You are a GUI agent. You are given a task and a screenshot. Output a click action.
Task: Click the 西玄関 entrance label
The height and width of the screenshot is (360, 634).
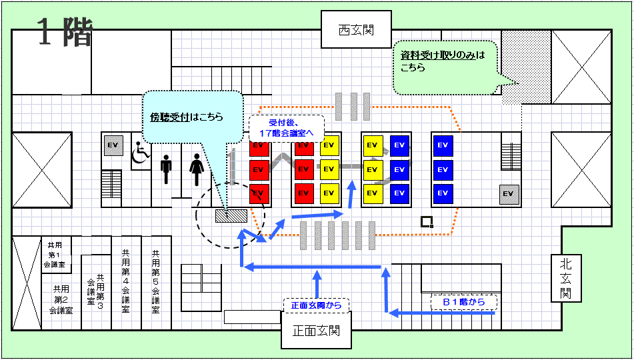(x=356, y=30)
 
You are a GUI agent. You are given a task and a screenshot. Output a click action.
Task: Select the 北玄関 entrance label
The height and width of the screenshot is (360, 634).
(x=566, y=278)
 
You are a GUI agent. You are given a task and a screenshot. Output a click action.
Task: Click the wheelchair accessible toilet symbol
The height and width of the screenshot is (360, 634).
(x=140, y=151)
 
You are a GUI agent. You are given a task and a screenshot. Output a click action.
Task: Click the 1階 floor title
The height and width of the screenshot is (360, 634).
(x=64, y=33)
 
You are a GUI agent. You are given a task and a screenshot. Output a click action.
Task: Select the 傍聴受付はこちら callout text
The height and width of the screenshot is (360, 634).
(x=186, y=117)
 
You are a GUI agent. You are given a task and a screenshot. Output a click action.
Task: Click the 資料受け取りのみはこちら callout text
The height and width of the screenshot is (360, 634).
(x=442, y=61)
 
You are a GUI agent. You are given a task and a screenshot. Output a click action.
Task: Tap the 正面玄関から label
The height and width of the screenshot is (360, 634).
(x=316, y=305)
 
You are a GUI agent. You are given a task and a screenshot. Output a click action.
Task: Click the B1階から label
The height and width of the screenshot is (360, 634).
(x=463, y=302)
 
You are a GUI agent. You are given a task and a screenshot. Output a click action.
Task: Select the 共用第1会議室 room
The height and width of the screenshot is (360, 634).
(x=57, y=255)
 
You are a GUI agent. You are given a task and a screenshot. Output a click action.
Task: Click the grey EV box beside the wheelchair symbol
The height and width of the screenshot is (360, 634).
(x=113, y=145)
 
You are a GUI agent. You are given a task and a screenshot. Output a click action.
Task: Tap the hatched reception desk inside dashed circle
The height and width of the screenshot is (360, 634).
(x=231, y=215)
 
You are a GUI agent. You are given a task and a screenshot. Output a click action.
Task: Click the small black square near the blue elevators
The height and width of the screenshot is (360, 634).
(x=427, y=221)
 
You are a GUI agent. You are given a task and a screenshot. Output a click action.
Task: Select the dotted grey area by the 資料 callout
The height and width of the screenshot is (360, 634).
(x=527, y=67)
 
